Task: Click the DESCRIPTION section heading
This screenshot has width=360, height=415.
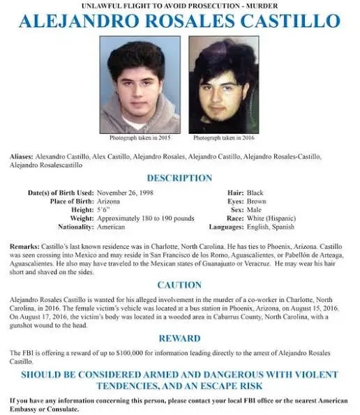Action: click(179, 179)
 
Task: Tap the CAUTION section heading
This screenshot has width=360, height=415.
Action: click(179, 285)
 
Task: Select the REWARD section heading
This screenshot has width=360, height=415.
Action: click(179, 338)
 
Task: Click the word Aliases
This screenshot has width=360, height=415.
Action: click(22, 156)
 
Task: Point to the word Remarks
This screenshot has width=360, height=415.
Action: click(24, 247)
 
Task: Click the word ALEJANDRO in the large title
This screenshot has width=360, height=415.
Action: click(84, 20)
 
